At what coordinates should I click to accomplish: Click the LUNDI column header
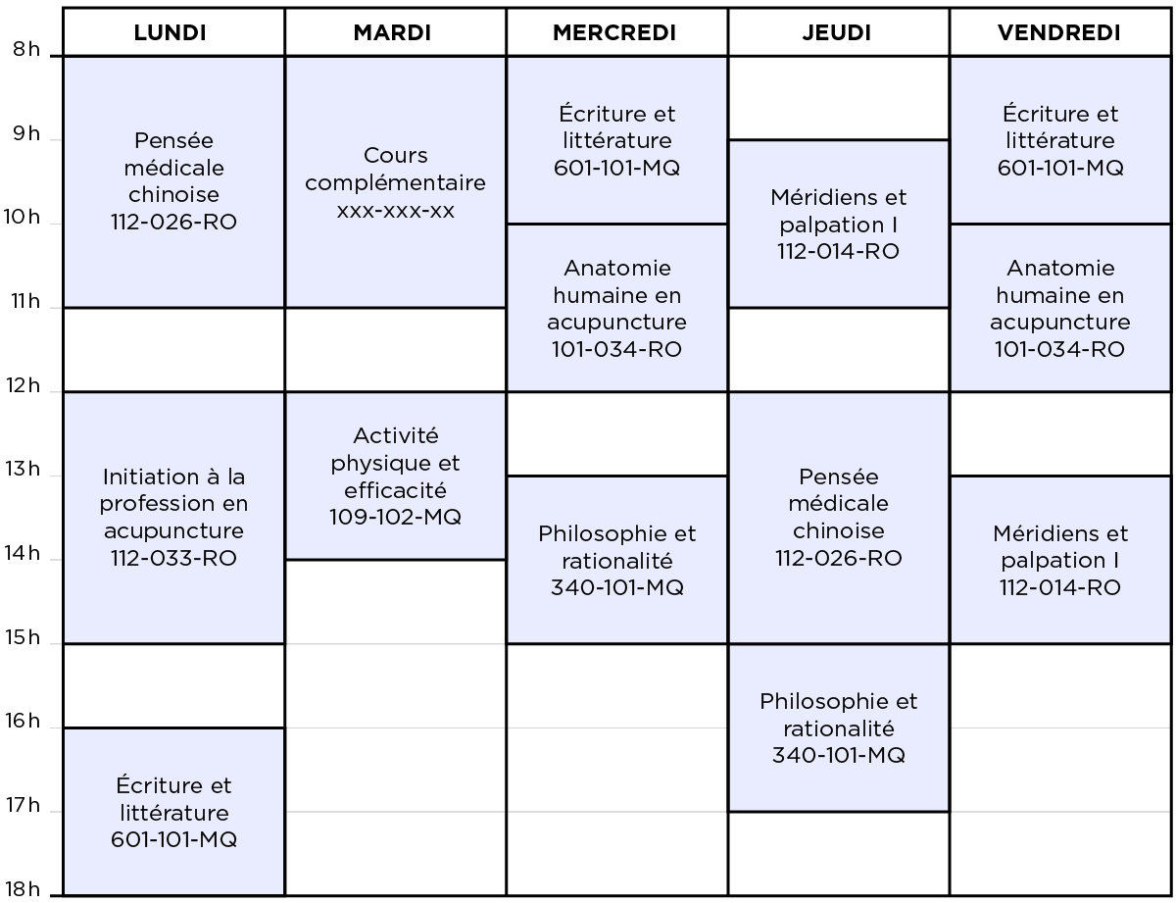pyautogui.click(x=170, y=32)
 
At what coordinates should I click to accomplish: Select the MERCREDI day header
pyautogui.click(x=614, y=32)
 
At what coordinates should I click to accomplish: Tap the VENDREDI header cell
pyautogui.click(x=1058, y=32)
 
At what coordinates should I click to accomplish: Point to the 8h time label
pyautogui.click(x=26, y=49)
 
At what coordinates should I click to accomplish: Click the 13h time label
pyautogui.click(x=23, y=469)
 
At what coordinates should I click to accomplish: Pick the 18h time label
pyautogui.click(x=23, y=889)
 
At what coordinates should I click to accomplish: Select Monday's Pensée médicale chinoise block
pyautogui.click(x=173, y=182)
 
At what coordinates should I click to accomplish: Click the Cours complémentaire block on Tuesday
pyautogui.click(x=396, y=182)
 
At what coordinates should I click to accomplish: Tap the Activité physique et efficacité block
pyautogui.click(x=396, y=476)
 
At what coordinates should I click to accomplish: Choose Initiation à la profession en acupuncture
pyautogui.click(x=173, y=518)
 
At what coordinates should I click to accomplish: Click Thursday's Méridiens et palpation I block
pyautogui.click(x=838, y=225)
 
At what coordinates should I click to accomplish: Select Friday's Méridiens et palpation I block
pyautogui.click(x=1060, y=560)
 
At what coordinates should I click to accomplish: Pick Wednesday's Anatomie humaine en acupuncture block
pyautogui.click(x=617, y=308)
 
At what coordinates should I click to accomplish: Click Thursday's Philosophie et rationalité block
pyautogui.click(x=838, y=727)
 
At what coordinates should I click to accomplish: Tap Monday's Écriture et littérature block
pyautogui.click(x=173, y=812)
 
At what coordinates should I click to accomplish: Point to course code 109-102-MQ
pyautogui.click(x=396, y=517)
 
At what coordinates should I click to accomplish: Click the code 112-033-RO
pyautogui.click(x=173, y=558)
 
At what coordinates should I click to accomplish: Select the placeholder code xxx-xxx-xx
pyautogui.click(x=396, y=211)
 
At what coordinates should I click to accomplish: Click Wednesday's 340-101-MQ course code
pyautogui.click(x=617, y=587)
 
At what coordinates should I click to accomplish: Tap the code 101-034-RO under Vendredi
pyautogui.click(x=1060, y=349)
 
